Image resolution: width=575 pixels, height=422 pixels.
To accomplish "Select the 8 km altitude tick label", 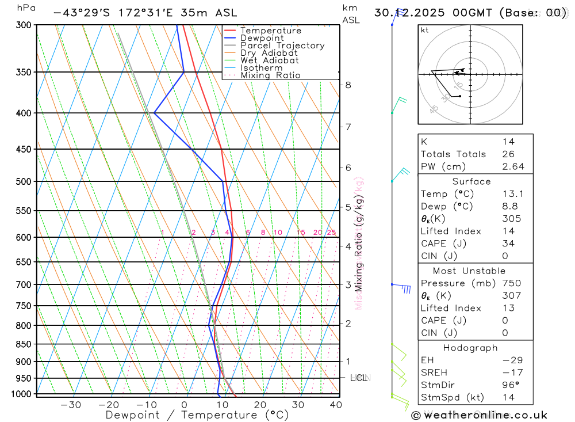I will pos(348,85).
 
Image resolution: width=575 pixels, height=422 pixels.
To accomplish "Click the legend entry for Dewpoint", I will pos(262,38).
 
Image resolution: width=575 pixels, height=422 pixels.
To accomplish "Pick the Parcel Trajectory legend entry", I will pos(282,45).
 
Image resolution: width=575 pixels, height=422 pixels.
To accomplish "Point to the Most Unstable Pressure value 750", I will pos(511,283).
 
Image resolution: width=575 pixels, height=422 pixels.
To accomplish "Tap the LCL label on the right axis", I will pos(359,378).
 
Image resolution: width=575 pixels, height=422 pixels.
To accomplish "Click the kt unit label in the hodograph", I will pos(424,30).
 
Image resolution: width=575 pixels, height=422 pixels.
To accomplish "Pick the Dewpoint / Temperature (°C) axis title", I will pos(197,415).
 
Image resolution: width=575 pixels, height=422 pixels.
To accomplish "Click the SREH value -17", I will pos(508,372).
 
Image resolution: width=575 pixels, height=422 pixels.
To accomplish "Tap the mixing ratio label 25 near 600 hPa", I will pos(331,233).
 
